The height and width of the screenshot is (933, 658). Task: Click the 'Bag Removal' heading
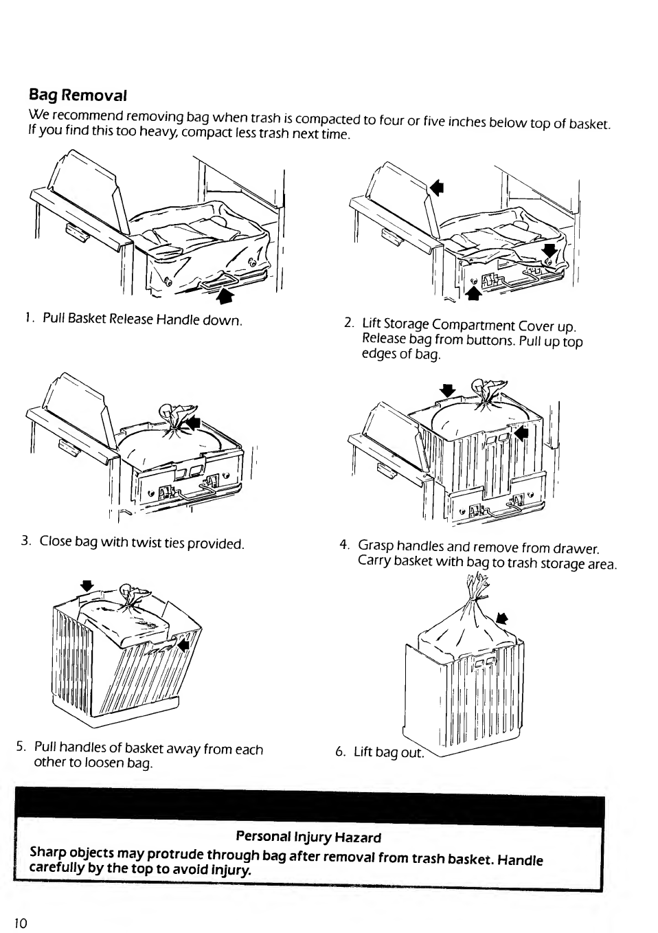(78, 95)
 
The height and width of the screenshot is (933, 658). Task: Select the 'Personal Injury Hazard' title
(308, 836)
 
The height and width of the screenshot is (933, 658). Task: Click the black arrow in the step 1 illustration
(226, 296)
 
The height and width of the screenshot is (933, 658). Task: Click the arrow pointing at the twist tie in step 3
(194, 423)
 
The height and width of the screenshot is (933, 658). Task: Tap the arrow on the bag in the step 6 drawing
(502, 618)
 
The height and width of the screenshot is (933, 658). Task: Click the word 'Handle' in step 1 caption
(178, 320)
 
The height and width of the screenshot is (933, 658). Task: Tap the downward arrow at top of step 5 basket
(87, 586)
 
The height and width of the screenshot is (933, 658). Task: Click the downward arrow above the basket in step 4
(448, 390)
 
